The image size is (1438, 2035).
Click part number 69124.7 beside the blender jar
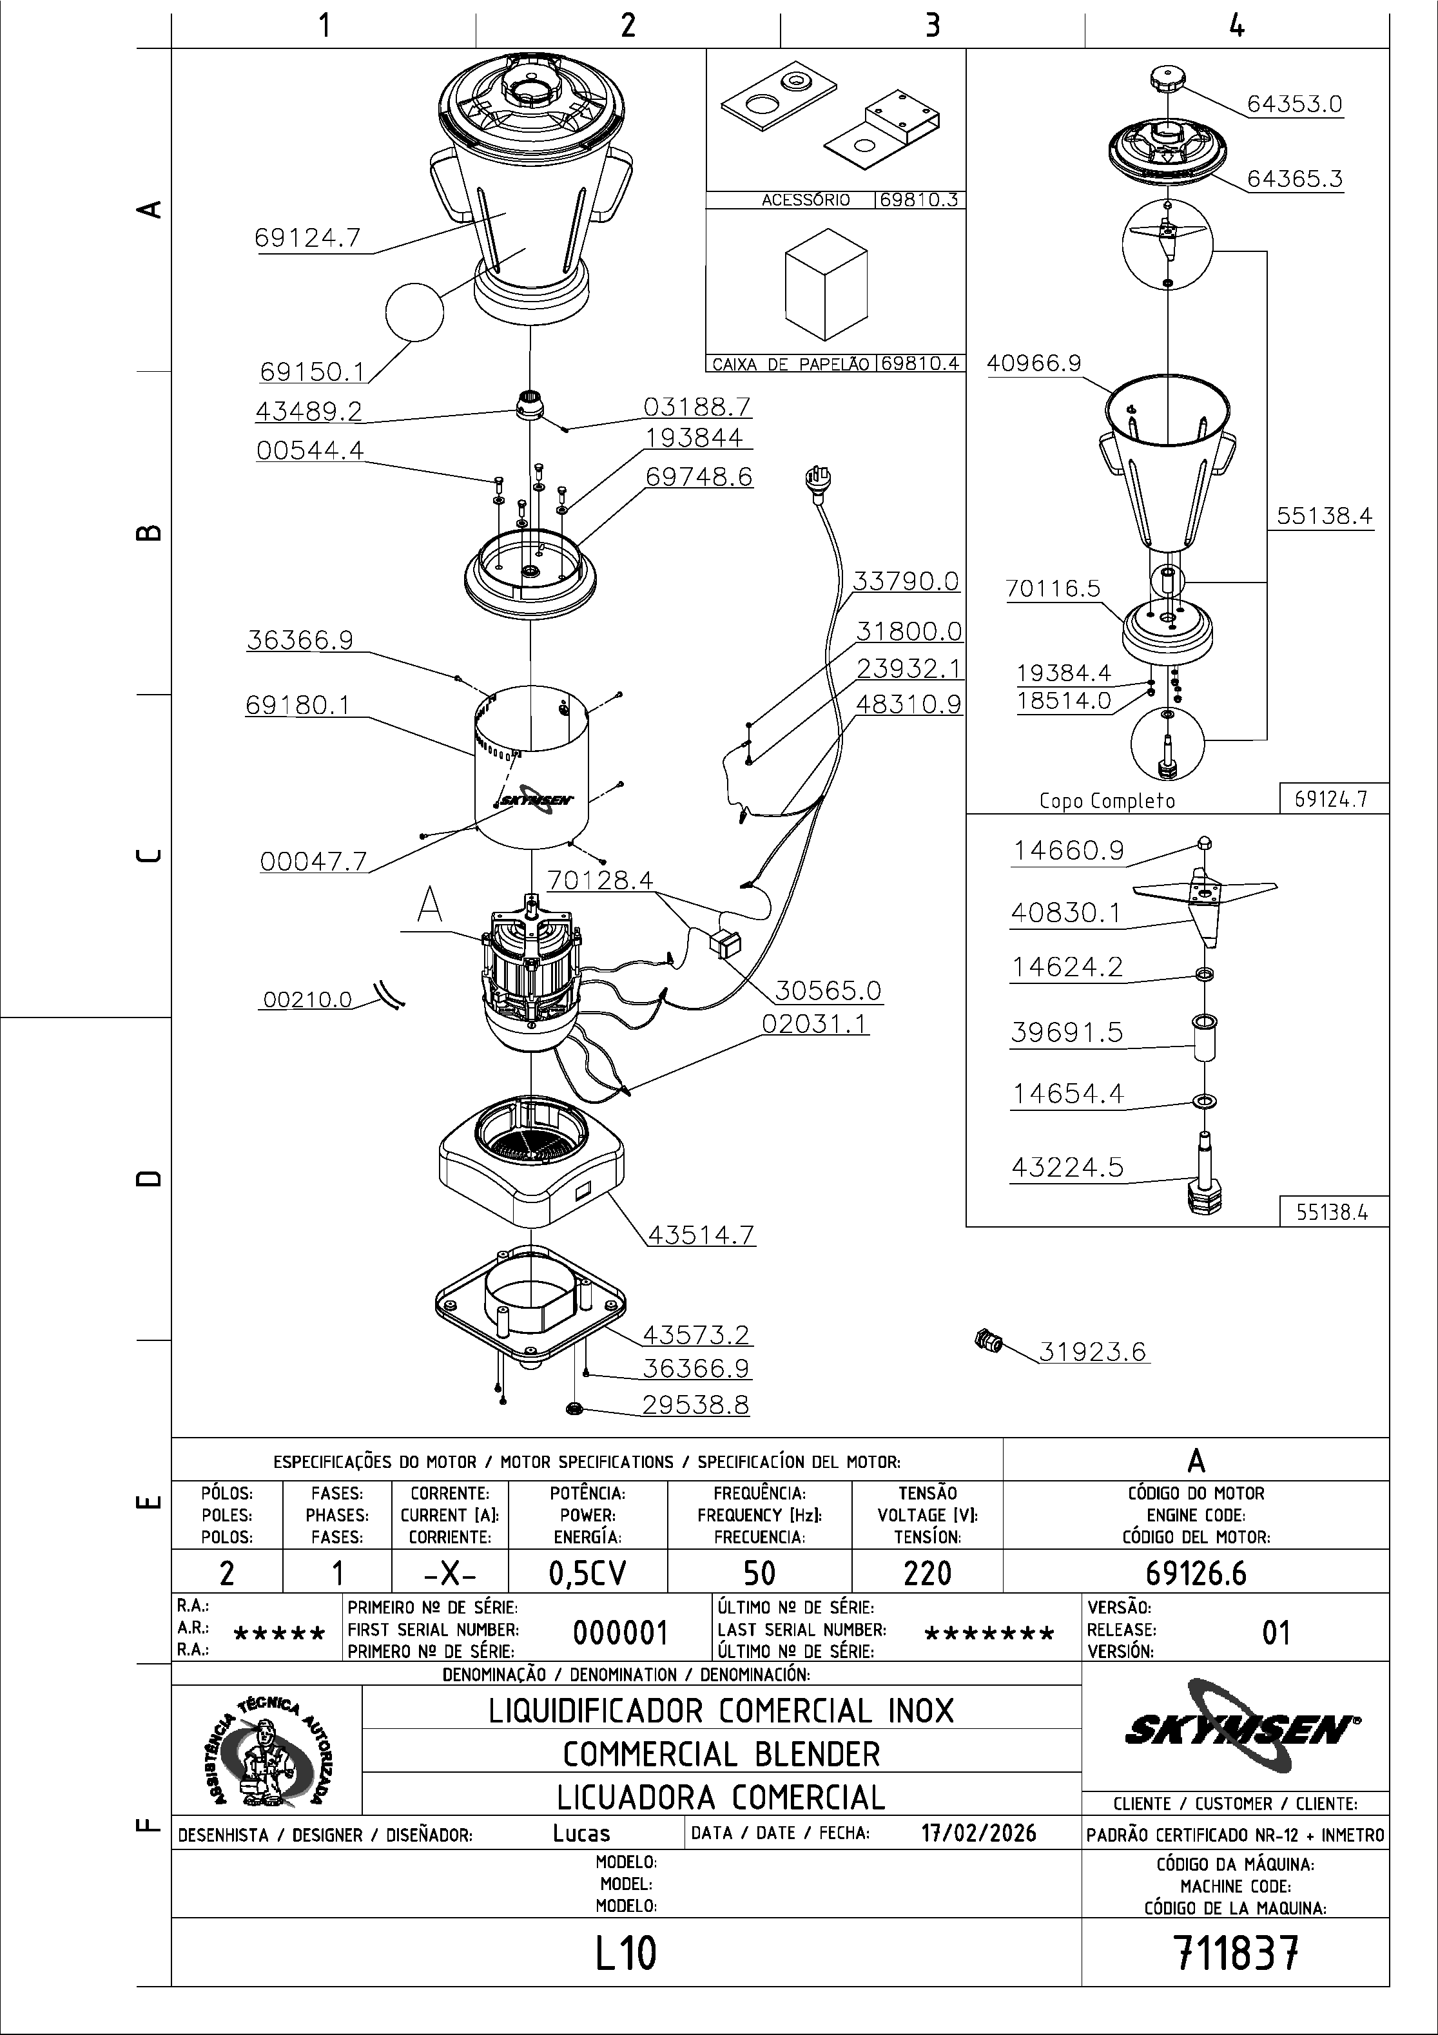coord(307,238)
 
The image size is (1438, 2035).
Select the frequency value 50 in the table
coord(759,1573)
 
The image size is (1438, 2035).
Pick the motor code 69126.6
coord(1195,1573)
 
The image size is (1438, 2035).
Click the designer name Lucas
coord(581,1833)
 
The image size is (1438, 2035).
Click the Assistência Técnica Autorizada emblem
coord(267,1750)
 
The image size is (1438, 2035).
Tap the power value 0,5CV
coord(588,1573)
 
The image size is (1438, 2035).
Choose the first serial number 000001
coord(619,1632)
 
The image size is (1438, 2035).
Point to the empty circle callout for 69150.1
coord(414,311)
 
